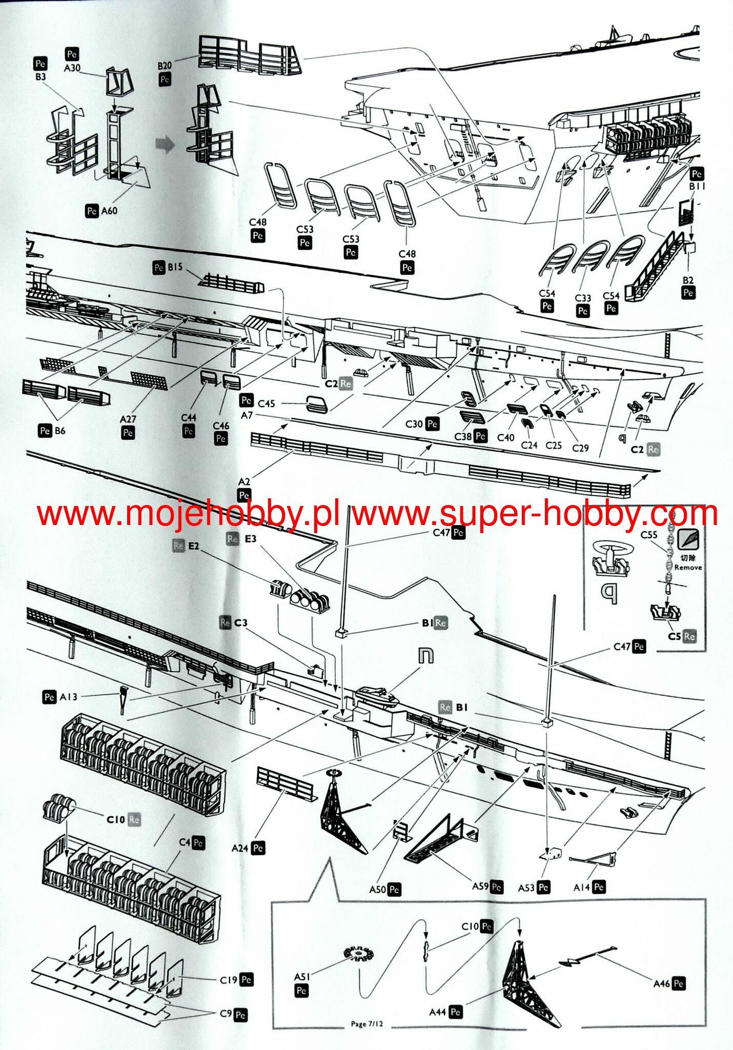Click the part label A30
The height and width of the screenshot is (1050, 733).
point(72,68)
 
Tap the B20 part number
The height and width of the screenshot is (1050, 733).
point(165,66)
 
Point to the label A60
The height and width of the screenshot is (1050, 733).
point(109,211)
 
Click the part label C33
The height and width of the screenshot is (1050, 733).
point(583,298)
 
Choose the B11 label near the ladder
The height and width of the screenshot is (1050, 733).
point(697,187)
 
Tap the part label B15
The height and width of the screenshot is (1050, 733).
point(175,267)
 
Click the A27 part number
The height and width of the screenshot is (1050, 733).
point(128,419)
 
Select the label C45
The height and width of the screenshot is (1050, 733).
point(266,403)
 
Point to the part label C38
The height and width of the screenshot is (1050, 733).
point(463,436)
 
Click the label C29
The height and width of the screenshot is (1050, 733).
point(580,448)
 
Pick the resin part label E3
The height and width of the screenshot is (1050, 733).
point(250,539)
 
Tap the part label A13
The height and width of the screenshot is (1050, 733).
point(68,697)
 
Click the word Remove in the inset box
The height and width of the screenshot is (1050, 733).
point(688,568)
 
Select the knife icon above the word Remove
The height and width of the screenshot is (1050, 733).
point(688,539)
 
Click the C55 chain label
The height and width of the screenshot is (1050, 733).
point(649,535)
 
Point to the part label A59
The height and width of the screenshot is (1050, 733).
point(480,886)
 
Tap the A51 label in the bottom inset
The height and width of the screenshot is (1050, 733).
point(302,977)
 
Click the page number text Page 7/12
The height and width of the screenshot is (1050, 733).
point(367,1024)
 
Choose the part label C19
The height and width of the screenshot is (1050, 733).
point(229,980)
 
